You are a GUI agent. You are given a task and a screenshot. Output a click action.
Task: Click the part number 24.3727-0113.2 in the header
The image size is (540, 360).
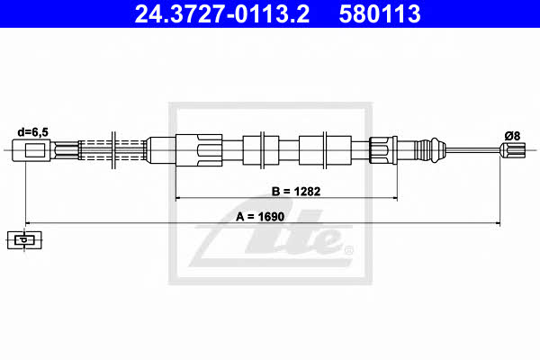point(221,14)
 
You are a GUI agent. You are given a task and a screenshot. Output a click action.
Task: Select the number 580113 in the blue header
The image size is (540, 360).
point(380,14)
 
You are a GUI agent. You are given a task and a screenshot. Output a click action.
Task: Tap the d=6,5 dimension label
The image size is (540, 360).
point(33,132)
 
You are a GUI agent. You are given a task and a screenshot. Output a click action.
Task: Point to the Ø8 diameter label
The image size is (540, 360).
point(512,136)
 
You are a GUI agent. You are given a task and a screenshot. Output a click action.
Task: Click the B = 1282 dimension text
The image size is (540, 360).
point(296,191)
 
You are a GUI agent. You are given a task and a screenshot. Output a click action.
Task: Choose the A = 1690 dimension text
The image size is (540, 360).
point(260,217)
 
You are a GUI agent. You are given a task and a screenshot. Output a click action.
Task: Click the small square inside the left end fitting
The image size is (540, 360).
point(35,150)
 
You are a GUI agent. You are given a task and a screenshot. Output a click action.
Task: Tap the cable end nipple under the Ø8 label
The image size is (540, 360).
point(513,150)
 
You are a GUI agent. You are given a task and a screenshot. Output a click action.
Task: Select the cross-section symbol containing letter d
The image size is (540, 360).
point(24,239)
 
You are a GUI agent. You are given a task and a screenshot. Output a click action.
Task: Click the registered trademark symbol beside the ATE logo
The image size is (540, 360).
point(348,250)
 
